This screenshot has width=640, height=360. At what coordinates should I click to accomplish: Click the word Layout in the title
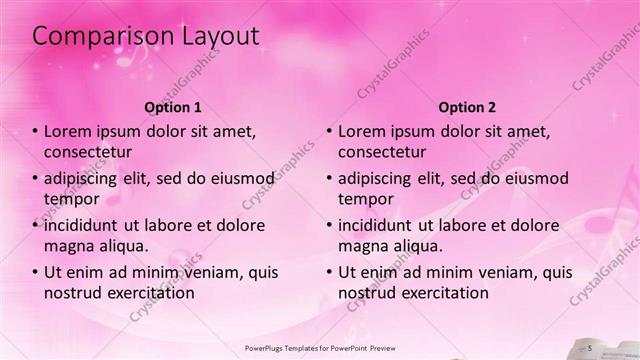(x=216, y=36)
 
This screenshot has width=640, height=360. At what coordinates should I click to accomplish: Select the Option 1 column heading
(x=173, y=106)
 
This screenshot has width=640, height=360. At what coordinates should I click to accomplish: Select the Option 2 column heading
(x=467, y=106)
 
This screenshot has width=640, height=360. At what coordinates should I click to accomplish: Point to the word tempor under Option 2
(x=365, y=198)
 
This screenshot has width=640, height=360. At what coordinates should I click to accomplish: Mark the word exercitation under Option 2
(x=441, y=292)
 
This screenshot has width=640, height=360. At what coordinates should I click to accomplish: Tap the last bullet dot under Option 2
(x=330, y=272)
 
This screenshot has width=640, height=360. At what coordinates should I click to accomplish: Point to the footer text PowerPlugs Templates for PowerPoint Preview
(x=319, y=347)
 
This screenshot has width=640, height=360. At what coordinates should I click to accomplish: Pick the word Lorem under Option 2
(x=362, y=132)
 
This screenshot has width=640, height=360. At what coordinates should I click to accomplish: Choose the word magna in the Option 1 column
(x=69, y=245)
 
